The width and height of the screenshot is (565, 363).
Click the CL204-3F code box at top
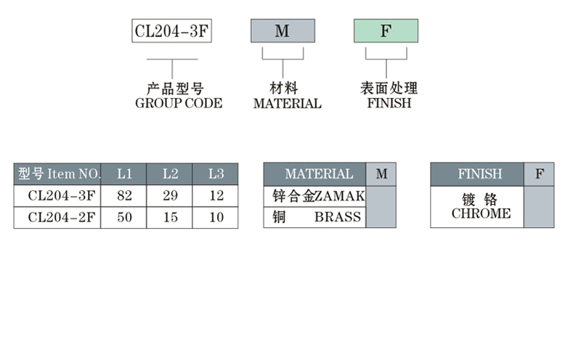(171, 31)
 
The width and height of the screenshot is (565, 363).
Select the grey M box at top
(282, 31)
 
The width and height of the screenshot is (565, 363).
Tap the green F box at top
(386, 31)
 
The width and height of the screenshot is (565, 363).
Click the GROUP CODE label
(179, 103)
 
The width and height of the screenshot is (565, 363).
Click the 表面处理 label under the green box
(389, 89)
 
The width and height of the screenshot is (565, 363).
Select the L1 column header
(124, 174)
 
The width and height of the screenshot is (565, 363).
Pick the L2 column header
(170, 174)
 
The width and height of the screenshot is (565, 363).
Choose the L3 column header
(216, 174)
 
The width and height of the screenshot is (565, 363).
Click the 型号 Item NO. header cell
(57, 174)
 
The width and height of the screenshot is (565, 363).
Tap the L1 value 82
(124, 195)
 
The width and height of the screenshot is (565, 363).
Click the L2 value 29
(170, 195)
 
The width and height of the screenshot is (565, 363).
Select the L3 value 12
(216, 195)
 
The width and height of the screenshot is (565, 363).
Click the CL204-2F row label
(61, 217)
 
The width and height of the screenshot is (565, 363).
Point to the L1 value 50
(124, 217)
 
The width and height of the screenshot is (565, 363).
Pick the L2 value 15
(170, 217)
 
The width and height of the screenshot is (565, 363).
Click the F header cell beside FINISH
(539, 174)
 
